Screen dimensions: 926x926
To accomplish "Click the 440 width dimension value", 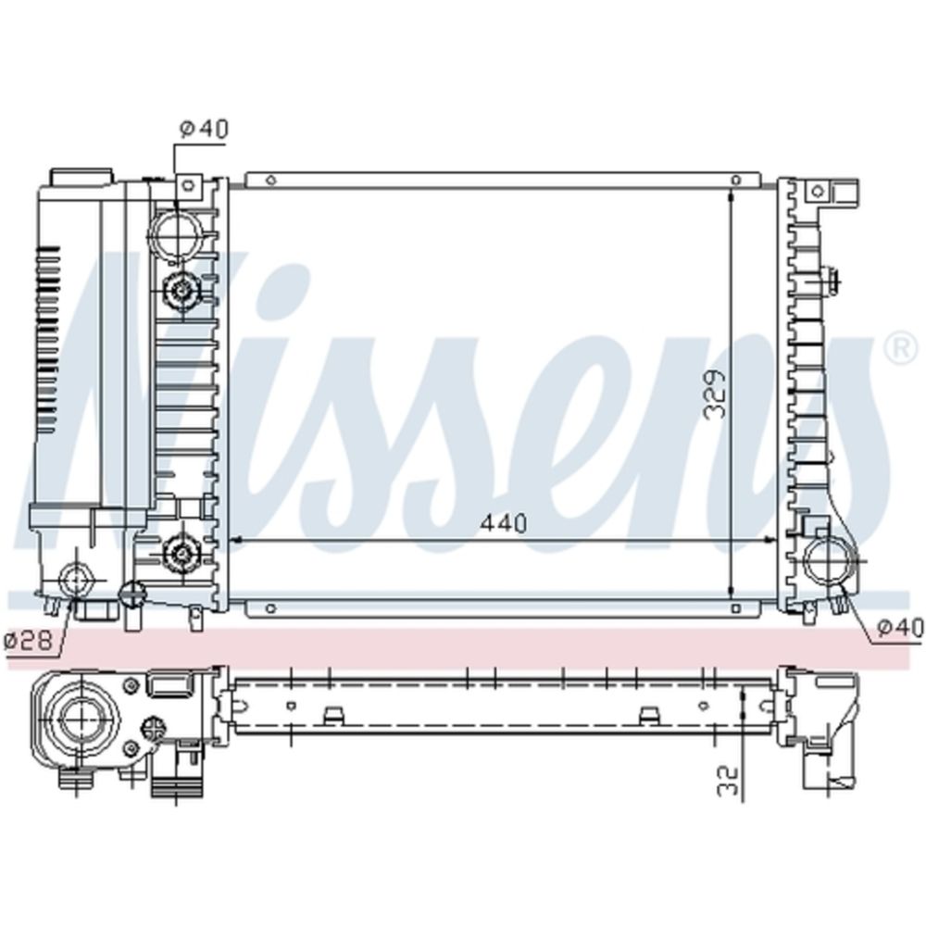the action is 503,522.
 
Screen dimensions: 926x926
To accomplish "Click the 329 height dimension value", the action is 715,394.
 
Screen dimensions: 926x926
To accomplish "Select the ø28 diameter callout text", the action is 28,640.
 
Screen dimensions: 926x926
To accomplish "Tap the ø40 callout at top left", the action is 204,130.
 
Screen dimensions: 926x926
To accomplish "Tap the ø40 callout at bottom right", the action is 899,627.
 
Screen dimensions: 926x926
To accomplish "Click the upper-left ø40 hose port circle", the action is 175,234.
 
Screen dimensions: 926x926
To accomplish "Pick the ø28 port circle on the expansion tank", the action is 77,579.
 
